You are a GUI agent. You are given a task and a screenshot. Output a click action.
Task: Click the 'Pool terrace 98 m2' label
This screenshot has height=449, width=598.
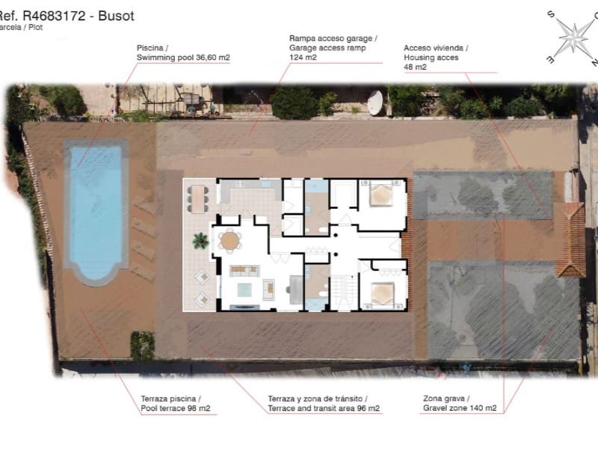[x=175, y=409]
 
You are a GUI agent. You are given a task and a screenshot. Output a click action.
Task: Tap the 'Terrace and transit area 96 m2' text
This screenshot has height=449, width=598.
[x=324, y=409]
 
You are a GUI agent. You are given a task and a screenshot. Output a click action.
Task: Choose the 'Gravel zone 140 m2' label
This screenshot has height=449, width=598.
[x=460, y=409]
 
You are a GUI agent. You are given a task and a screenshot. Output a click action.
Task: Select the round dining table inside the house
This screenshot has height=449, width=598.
[x=230, y=240]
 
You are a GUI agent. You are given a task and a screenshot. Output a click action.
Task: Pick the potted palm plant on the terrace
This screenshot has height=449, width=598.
[x=200, y=240]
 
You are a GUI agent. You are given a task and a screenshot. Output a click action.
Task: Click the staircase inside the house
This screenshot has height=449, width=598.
[x=343, y=292]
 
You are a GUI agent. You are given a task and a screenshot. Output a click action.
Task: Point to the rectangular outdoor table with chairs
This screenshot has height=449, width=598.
[x=199, y=199]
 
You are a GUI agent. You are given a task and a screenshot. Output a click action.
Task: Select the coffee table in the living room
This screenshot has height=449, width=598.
[x=245, y=289]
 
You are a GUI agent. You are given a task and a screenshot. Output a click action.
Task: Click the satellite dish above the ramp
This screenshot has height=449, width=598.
[x=374, y=103]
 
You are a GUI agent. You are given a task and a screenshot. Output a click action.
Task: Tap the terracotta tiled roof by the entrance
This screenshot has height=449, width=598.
[x=573, y=239]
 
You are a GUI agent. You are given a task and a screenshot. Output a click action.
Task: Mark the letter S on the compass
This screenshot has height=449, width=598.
[x=551, y=14]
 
